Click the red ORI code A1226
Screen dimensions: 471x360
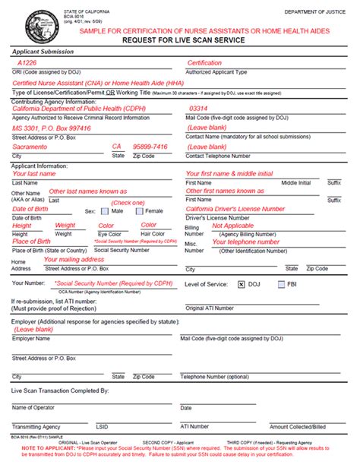[x=27, y=63]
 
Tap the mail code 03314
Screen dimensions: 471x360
[x=197, y=109]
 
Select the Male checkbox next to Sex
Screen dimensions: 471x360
[x=105, y=210]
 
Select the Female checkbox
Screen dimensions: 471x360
[x=140, y=210]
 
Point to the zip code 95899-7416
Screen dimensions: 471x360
[x=150, y=147]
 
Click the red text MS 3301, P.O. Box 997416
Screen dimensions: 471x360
[x=51, y=128]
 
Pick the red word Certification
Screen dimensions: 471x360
[x=205, y=63]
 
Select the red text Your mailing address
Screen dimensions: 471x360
[x=75, y=259]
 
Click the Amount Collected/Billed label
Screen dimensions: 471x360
[x=299, y=427]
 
